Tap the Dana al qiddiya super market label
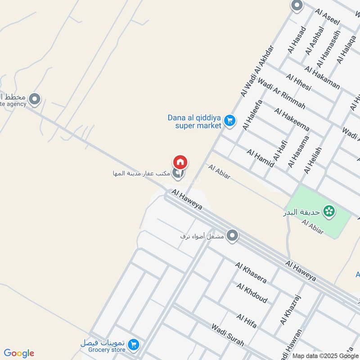click(195, 121)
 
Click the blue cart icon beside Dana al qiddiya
click(230, 121)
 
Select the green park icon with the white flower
click(330, 211)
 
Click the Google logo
click(19, 353)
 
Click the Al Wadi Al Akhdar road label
click(257, 71)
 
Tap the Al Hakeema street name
click(292, 119)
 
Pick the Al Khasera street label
click(251, 272)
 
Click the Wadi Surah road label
click(228, 335)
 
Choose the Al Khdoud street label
click(252, 293)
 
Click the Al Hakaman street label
click(322, 77)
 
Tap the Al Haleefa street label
click(252, 115)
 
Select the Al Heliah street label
click(313, 160)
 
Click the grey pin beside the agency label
click(35, 99)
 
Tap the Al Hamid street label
click(260, 158)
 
